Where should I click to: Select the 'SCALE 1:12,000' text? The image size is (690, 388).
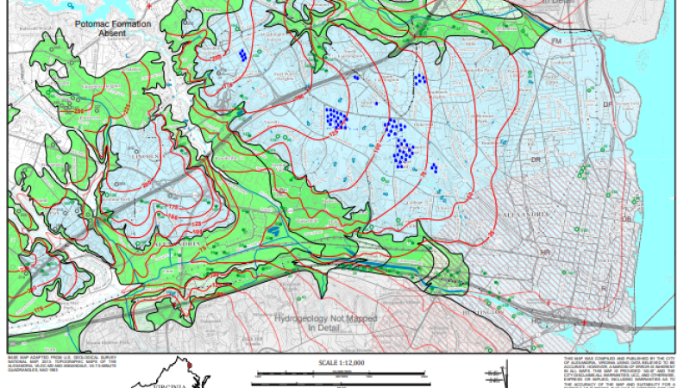342,364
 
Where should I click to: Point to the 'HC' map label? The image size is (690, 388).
537,320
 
